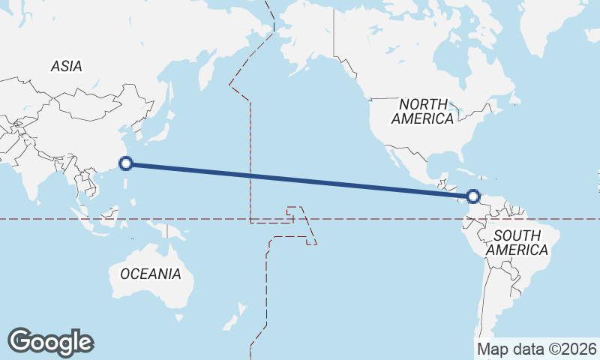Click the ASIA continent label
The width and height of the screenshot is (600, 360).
point(66,66)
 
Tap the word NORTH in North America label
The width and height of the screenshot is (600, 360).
point(423,104)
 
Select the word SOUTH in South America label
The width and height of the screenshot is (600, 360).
point(517,235)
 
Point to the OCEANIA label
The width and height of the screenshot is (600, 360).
point(150,274)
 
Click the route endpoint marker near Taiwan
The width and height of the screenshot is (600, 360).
point(127,163)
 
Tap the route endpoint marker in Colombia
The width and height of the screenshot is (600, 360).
point(472,196)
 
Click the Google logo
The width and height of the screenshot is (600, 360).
point(50,341)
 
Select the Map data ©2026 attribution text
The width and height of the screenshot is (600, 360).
point(537,349)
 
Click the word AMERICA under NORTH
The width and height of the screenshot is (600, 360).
point(422,118)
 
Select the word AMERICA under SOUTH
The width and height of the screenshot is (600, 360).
point(517,250)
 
